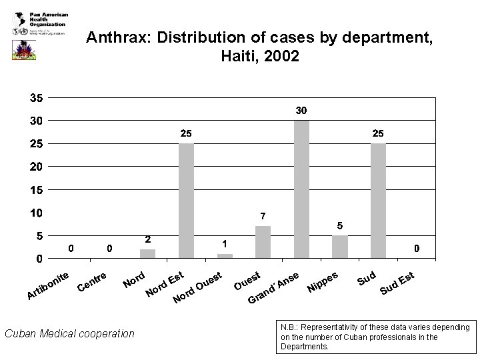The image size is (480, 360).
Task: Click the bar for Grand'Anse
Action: click(x=301, y=189)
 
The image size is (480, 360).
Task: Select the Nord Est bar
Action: click(x=186, y=200)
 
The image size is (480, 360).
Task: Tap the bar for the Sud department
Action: click(x=378, y=200)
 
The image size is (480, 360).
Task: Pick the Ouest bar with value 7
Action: click(x=263, y=241)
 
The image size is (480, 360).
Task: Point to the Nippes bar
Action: click(x=340, y=246)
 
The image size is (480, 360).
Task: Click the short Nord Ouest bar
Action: click(x=225, y=255)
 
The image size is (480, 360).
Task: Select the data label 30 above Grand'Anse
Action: click(x=301, y=110)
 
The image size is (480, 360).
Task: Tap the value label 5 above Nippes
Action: click(x=340, y=225)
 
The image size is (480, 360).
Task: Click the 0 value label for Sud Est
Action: click(x=417, y=249)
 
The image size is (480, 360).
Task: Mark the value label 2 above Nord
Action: click(x=147, y=239)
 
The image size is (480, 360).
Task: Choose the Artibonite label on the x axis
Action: click(x=48, y=285)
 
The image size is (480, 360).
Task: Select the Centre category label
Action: click(x=93, y=283)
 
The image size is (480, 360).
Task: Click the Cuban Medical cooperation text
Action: click(x=69, y=333)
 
